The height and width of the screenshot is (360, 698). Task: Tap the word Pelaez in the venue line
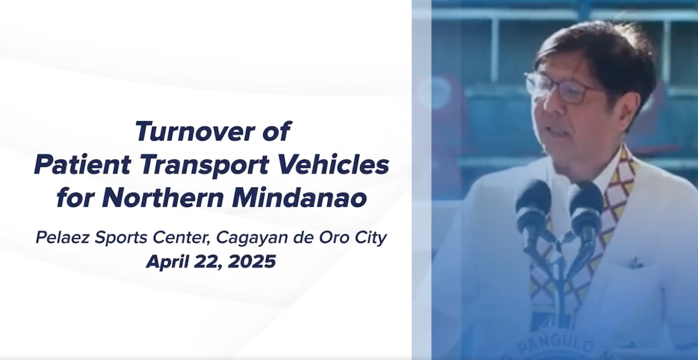pyautogui.click(x=63, y=237)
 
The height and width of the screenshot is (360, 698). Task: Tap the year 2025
pyautogui.click(x=252, y=261)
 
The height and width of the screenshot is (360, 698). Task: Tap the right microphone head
pyautogui.click(x=585, y=203)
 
